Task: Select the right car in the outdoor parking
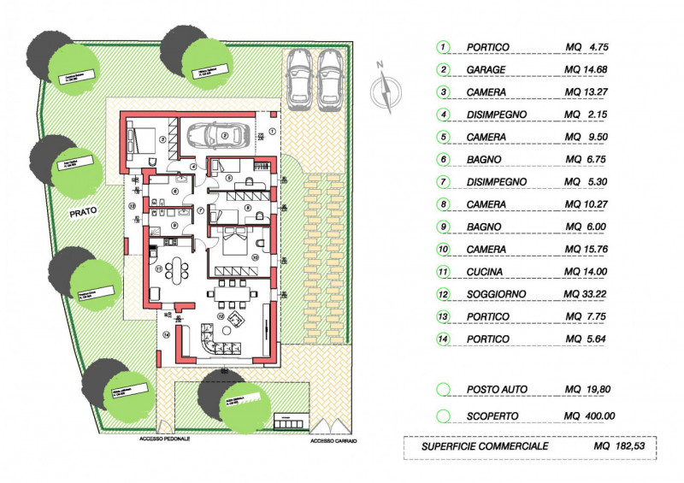[331, 79]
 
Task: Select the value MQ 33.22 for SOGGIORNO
[589, 294]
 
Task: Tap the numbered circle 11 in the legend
[444, 272]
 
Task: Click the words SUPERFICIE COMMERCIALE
[485, 446]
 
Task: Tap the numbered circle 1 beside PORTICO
[444, 47]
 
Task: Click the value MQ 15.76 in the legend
[589, 250]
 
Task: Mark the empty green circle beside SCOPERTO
[444, 416]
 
